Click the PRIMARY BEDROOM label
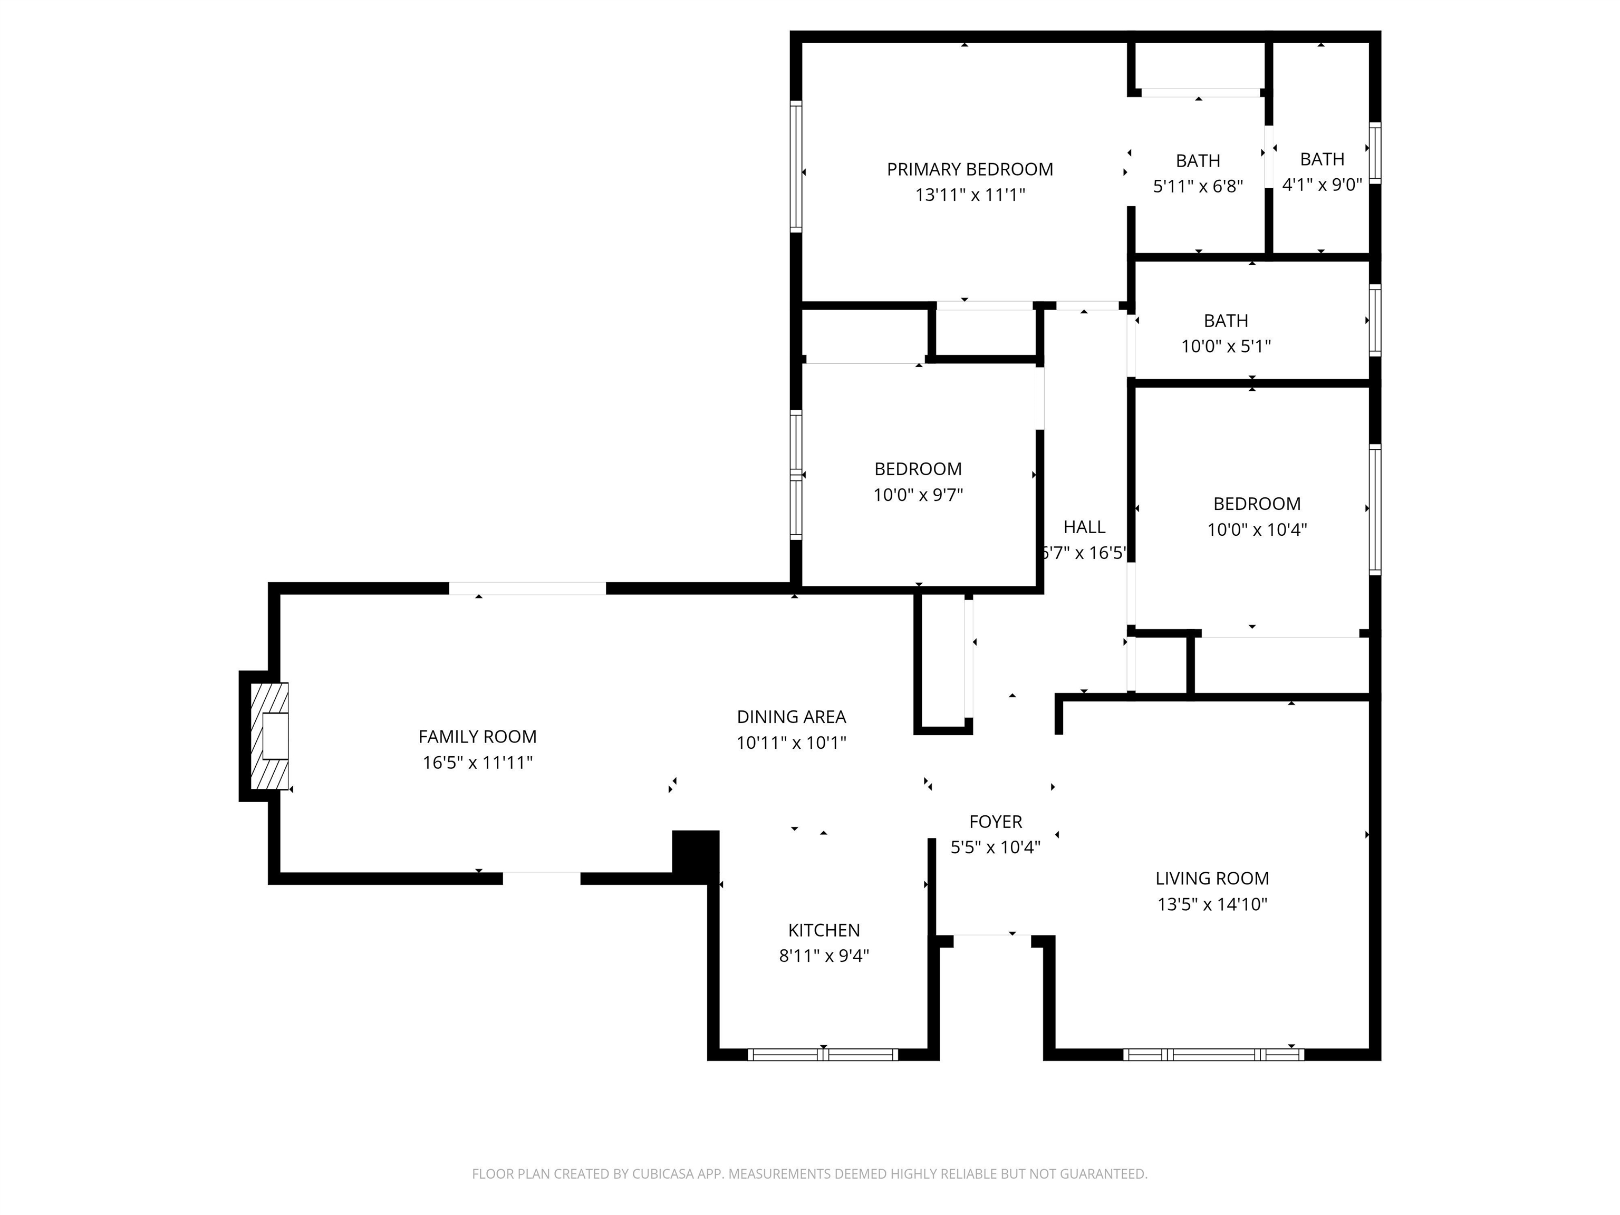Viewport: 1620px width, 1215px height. [x=970, y=169]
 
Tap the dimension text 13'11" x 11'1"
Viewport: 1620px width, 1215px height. [x=970, y=195]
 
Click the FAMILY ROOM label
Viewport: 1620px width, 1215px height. [x=477, y=736]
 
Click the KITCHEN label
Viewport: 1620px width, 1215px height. [x=824, y=930]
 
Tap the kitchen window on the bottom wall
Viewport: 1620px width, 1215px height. [x=823, y=1055]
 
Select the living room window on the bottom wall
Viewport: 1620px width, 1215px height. [x=1213, y=1055]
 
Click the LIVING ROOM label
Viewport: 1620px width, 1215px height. [x=1212, y=878]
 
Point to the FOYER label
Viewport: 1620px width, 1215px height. [x=995, y=822]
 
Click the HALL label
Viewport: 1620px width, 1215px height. [x=1084, y=527]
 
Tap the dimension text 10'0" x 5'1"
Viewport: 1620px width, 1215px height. [x=1226, y=346]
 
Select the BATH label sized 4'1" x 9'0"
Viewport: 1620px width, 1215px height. [x=1322, y=159]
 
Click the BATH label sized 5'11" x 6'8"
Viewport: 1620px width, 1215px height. [x=1198, y=160]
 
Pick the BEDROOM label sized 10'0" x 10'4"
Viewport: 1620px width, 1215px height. [x=1257, y=503]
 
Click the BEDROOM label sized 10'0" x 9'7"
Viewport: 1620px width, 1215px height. [x=918, y=469]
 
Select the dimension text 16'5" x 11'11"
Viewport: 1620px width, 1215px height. [x=477, y=763]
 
